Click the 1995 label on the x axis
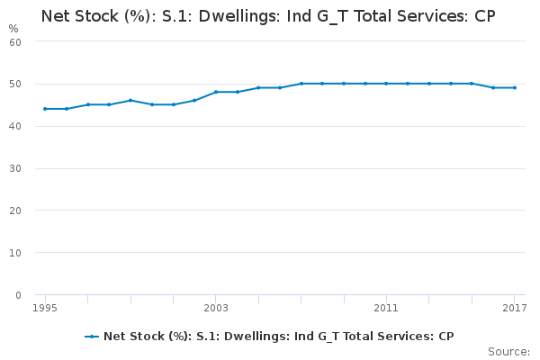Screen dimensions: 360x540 point(45,309)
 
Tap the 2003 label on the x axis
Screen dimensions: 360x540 point(216,309)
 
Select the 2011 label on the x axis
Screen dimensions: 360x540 point(386,309)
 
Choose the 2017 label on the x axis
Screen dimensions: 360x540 point(514,309)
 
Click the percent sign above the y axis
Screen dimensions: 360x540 point(13,28)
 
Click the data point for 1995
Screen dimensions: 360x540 point(45,109)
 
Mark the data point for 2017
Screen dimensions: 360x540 point(514,87)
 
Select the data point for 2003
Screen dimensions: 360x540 point(216,92)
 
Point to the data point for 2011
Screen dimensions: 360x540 point(386,84)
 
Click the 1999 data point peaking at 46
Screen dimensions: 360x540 point(130,100)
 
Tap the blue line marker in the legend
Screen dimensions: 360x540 point(92,337)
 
